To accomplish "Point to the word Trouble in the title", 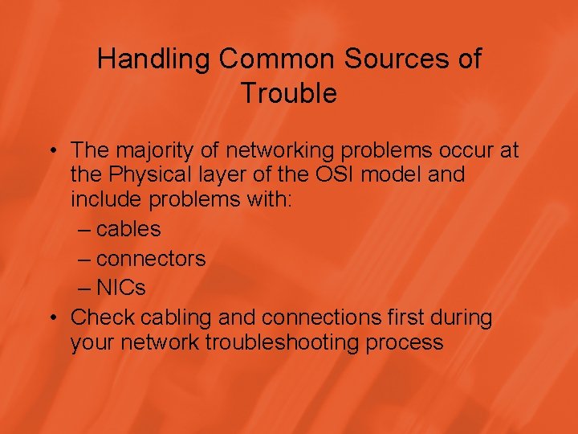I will (289, 93).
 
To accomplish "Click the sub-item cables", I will (128, 229).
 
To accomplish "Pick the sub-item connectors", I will (151, 259).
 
